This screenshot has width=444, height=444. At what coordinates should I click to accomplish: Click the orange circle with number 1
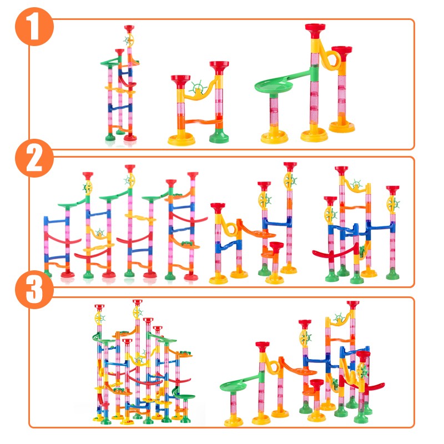point(34,26)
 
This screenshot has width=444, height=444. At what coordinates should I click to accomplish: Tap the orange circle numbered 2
point(34,158)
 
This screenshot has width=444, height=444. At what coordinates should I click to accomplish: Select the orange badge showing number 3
point(34,289)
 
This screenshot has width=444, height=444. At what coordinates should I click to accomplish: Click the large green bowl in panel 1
point(274,86)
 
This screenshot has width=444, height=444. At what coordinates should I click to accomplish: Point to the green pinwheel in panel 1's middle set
point(197,88)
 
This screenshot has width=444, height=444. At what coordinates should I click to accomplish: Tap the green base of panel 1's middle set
point(219,136)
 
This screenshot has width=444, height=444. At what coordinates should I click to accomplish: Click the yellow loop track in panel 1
point(330,56)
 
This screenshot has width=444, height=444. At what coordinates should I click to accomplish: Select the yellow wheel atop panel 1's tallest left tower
point(129,41)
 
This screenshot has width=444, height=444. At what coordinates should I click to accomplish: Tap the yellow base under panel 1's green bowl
point(274,136)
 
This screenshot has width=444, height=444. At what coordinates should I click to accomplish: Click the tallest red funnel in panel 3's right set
point(353,305)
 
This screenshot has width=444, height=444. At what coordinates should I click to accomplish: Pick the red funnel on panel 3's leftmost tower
point(99,308)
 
